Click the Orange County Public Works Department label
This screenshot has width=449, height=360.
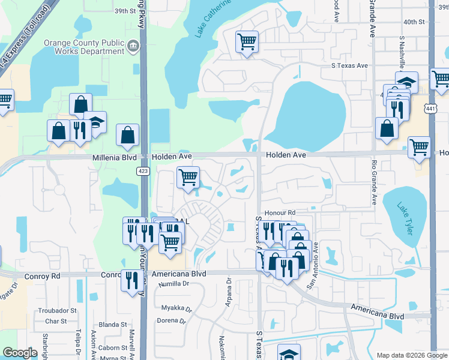(x=84, y=47)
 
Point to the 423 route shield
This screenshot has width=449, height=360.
(x=143, y=171)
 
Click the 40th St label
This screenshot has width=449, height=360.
(x=414, y=22)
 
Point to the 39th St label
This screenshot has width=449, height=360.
(x=125, y=11)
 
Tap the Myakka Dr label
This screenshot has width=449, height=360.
(x=176, y=308)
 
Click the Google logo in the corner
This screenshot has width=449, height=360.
(x=20, y=353)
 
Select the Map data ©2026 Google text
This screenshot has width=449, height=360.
(x=411, y=355)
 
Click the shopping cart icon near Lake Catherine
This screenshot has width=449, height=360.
(x=247, y=42)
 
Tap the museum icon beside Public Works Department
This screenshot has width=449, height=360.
(x=133, y=45)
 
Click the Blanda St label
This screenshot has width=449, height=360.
(x=116, y=325)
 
